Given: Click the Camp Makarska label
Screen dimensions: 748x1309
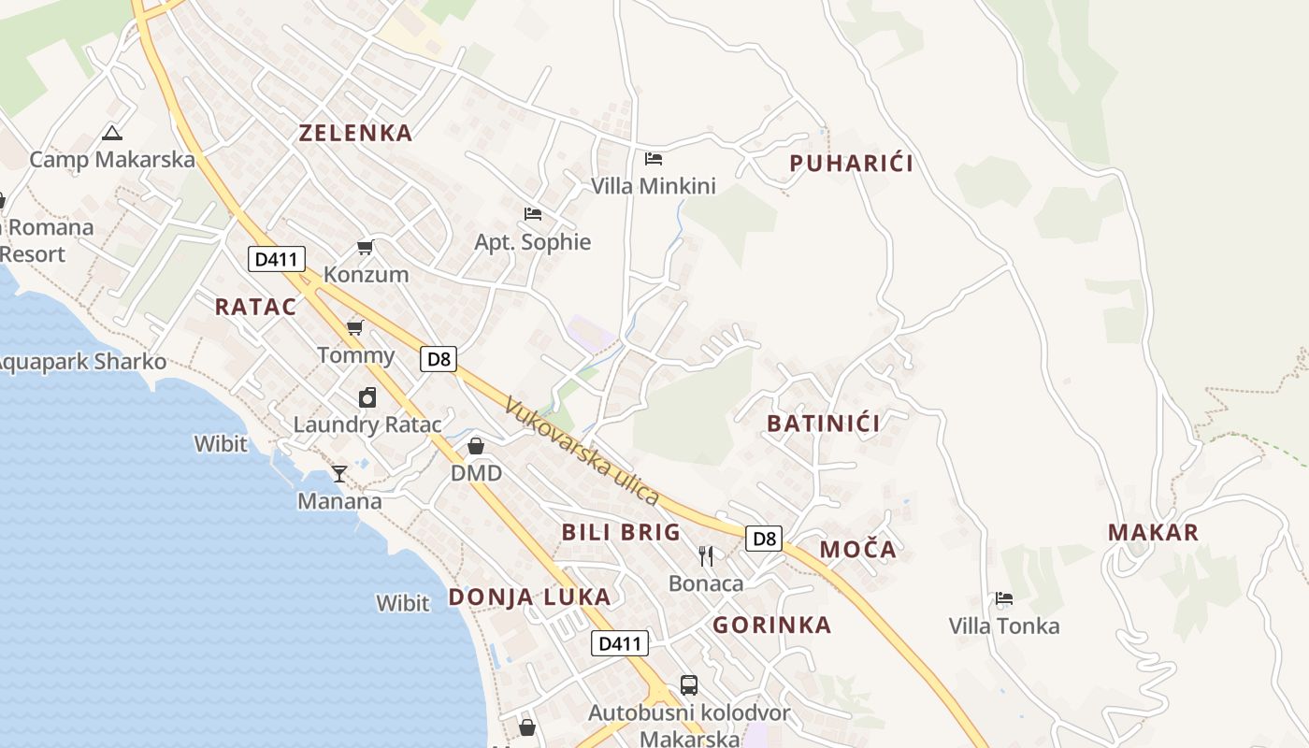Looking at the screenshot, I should [x=112, y=159].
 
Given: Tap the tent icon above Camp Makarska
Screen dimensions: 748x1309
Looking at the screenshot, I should [x=112, y=133].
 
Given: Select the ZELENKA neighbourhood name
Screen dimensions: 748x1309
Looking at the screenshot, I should [x=355, y=133].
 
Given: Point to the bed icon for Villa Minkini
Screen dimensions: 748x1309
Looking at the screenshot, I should [x=654, y=159].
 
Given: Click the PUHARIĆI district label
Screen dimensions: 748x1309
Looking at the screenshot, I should [x=851, y=164].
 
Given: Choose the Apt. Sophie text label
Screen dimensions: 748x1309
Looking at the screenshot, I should [x=533, y=242].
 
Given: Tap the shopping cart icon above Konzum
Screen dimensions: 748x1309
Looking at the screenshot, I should [x=366, y=248].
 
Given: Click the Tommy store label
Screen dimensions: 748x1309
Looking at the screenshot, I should [x=355, y=355].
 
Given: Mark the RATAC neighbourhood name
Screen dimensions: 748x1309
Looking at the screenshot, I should [x=255, y=307].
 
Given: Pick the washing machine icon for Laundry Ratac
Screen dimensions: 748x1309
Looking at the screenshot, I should [x=367, y=397].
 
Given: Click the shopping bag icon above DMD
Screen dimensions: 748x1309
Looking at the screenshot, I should [x=476, y=446].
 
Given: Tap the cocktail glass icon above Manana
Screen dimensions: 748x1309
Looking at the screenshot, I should [x=339, y=474].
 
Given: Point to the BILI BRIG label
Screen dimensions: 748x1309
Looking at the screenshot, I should [x=621, y=532].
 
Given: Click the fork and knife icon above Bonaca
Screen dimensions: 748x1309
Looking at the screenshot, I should [x=706, y=556].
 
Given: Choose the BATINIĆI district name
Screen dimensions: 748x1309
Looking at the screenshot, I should [x=823, y=424].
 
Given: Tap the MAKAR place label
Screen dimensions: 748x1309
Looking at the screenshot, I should [x=1153, y=533].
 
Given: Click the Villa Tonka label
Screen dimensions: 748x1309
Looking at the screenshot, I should [x=1004, y=626].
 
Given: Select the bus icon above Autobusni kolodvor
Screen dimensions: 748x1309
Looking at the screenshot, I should [x=689, y=685].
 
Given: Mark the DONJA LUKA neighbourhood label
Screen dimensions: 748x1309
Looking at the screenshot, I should [x=529, y=597].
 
